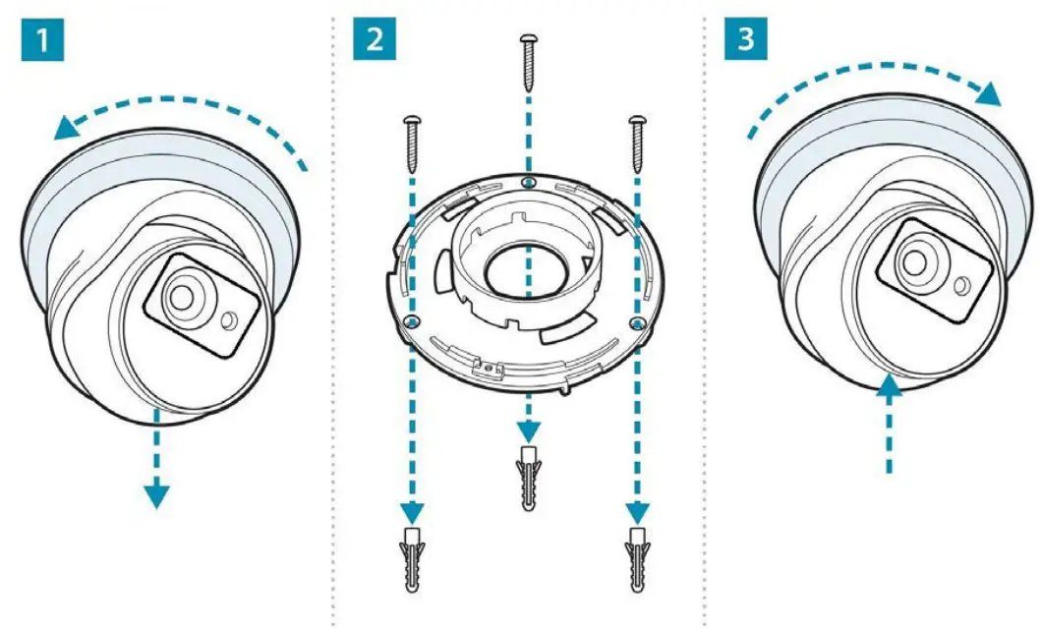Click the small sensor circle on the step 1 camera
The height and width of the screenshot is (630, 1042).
[228, 320]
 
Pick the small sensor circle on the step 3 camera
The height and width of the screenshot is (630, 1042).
[959, 283]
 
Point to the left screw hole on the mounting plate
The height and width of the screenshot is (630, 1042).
[413, 321]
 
